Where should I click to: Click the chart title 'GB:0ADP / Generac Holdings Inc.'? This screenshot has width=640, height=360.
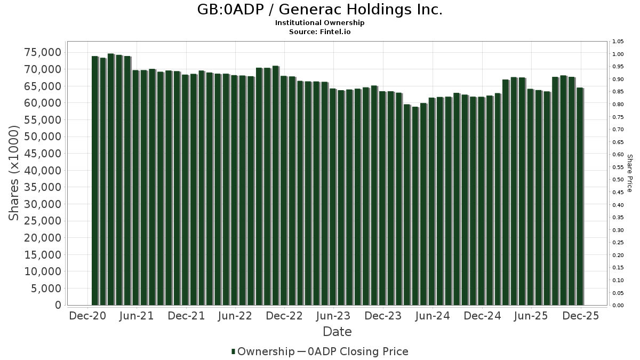(320, 10)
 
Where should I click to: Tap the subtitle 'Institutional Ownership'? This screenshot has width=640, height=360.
(320, 23)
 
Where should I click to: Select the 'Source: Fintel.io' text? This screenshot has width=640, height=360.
(320, 31)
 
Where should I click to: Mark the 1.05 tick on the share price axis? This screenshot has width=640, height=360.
(618, 42)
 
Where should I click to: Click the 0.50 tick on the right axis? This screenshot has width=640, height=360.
(618, 180)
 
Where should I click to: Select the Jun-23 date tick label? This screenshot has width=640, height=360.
(333, 316)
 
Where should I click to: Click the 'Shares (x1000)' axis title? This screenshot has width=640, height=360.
(14, 173)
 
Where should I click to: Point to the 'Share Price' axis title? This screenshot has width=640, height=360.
(629, 173)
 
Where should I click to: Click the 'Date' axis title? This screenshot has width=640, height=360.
(337, 332)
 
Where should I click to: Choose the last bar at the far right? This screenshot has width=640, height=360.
(580, 196)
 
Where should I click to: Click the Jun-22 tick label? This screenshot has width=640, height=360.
(235, 316)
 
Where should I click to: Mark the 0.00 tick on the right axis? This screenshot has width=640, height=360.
(618, 305)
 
